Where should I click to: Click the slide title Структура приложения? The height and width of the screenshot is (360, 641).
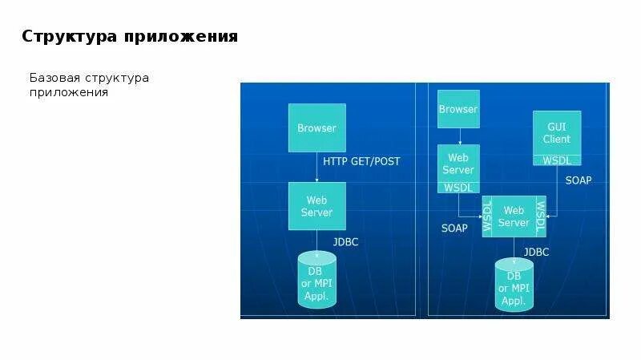pos(129,37)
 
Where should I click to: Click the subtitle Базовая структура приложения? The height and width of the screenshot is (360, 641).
pos(89,85)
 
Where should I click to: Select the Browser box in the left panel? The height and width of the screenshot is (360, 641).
pos(316,127)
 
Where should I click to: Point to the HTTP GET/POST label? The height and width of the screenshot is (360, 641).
pos(361,161)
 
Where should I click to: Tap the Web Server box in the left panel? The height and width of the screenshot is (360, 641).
pos(316,206)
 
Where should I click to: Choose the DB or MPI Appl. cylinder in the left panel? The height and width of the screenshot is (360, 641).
pos(316,280)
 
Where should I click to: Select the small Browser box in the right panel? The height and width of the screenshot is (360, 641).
pos(458,109)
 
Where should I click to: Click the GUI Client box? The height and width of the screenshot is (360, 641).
pos(557,132)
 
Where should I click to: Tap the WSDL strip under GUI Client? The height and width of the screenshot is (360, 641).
pos(557,160)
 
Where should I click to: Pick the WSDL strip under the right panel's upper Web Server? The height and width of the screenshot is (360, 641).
pos(458,187)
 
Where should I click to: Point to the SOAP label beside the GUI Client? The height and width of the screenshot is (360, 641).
pos(579,180)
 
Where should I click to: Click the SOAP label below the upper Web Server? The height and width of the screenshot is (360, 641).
pos(454,228)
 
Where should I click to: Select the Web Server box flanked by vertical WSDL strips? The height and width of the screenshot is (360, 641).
pos(514,216)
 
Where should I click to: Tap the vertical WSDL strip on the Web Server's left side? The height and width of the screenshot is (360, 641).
pos(487,216)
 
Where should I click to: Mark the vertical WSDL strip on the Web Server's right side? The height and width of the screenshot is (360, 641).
pos(540,216)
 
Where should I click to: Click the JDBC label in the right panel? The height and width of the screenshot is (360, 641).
pos(536,252)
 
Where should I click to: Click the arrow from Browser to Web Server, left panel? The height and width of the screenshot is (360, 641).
pos(316,167)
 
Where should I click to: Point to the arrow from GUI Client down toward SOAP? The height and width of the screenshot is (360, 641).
pos(557,192)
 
